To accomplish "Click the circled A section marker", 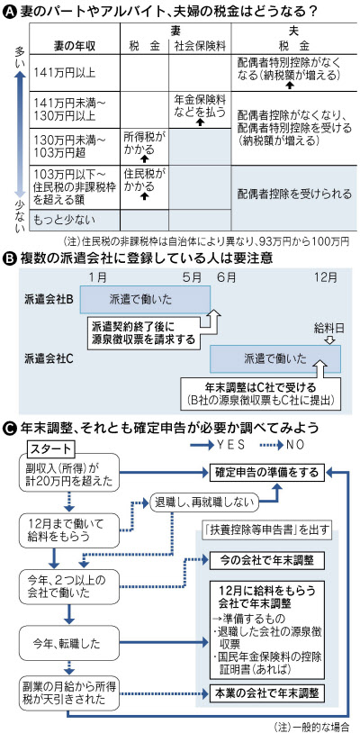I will click(10, 10).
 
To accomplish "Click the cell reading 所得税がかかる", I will click(144, 141).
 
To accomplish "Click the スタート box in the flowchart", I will click(52, 448).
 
